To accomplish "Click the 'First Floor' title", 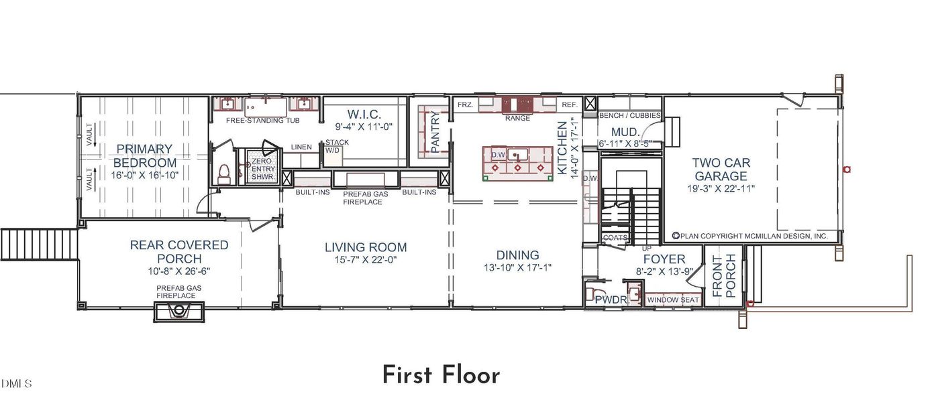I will [441, 375].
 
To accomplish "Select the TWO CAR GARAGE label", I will [721, 169].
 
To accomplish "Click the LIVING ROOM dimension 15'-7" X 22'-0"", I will [366, 260].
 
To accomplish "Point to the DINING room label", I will [517, 255].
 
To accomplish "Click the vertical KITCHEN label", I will [562, 148].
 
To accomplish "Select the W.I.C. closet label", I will [364, 114].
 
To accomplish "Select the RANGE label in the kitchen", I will [517, 118].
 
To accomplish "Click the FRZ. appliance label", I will [464, 105].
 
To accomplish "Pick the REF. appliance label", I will [569, 105].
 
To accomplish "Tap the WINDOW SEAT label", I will [673, 300].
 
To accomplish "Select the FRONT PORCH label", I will [723, 275].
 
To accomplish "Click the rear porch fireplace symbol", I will [178, 312].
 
